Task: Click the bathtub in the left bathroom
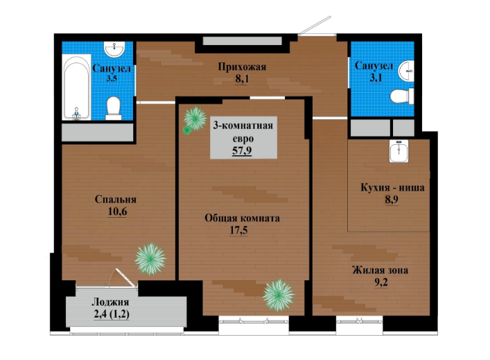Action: pos(76,87)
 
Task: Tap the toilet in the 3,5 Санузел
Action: pos(114,108)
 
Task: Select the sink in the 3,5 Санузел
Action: pos(114,49)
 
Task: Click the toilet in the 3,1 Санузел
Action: pos(402,96)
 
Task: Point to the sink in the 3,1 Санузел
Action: pos(406,71)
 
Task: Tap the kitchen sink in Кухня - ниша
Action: pos(399,151)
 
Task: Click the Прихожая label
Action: pos(242,67)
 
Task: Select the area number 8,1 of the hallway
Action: pos(242,79)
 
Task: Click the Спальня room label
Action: pos(116,200)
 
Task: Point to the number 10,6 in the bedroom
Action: pos(118,212)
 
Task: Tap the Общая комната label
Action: pos(242,218)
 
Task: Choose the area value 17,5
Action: pos(238,230)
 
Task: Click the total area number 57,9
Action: pos(242,151)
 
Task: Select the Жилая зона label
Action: pos(380,270)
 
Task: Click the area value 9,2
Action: pos(381,282)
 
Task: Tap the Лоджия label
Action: pos(110,302)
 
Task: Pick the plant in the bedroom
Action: pos(150,259)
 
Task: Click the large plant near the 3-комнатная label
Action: pos(195,119)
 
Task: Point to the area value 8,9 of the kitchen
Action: pos(392,200)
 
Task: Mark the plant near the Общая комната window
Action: pos(278,295)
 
